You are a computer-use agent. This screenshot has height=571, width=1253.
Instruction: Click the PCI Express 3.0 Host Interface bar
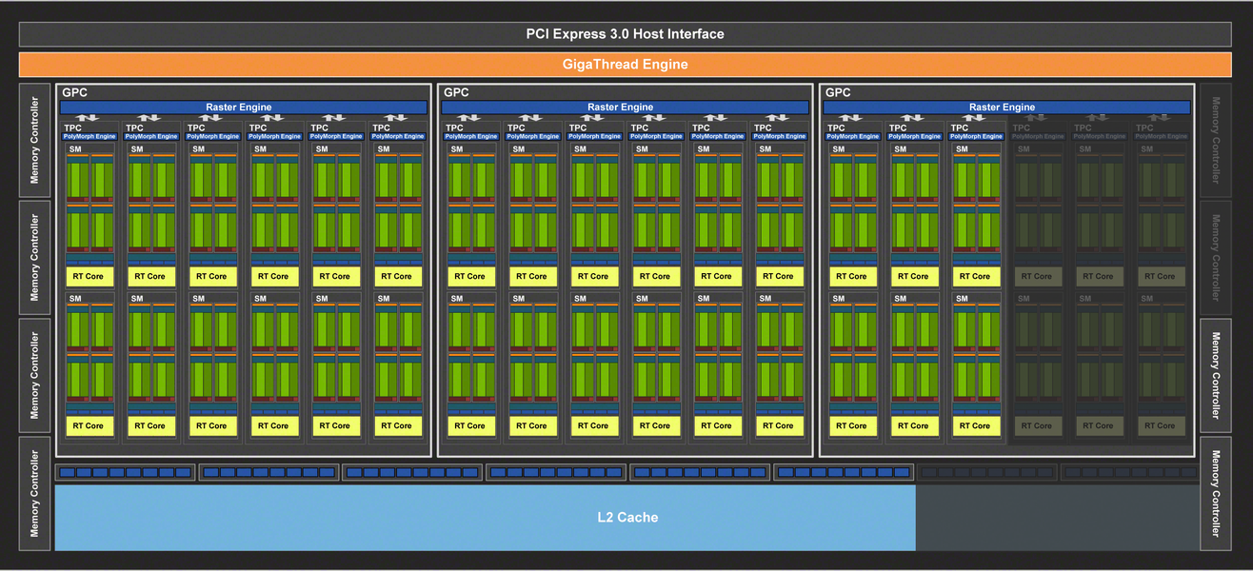point(626,34)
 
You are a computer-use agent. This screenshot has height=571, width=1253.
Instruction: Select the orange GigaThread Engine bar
point(626,65)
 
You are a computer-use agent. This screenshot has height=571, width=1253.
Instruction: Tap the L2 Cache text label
point(627,518)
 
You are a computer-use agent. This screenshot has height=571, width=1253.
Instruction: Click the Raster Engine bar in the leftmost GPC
point(244,108)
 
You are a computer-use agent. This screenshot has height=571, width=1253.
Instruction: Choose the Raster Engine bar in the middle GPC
point(626,108)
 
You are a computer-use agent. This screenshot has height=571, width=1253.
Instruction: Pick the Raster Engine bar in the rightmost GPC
point(1007,108)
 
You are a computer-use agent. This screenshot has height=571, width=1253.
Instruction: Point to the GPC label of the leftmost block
point(73,92)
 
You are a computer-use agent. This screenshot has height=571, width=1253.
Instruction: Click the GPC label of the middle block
point(455,92)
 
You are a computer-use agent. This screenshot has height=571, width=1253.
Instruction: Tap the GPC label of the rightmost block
point(837,92)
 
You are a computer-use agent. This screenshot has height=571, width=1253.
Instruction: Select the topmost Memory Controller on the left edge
point(35,140)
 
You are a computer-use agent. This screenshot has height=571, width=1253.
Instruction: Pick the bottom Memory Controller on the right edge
point(1216,493)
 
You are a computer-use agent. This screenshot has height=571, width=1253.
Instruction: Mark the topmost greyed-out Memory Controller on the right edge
point(1216,140)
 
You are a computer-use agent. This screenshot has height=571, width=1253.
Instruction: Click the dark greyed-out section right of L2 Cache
point(1056,518)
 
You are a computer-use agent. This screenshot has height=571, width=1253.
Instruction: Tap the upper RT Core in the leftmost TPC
point(89,277)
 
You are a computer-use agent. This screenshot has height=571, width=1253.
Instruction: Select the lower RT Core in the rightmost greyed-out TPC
point(1160,426)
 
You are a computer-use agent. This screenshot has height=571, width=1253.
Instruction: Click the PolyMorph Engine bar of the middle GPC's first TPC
point(471,137)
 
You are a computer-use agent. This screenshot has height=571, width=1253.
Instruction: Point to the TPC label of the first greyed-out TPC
point(1021,128)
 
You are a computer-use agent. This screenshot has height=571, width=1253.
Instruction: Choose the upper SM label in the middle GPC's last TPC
point(766,149)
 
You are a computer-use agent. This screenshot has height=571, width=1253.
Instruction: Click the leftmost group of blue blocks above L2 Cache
point(125,472)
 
